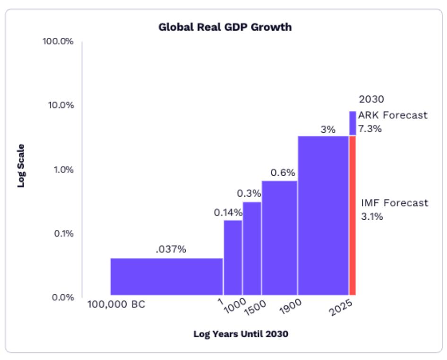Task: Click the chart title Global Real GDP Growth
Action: [x=225, y=27]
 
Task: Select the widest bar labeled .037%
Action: [x=166, y=276]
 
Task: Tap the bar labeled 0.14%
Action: [x=233, y=257]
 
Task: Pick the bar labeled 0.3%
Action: [x=252, y=248]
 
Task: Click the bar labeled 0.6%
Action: [x=279, y=238]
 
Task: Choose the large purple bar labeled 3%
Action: [x=323, y=215]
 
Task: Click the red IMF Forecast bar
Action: [x=352, y=215]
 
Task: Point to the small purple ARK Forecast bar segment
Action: [x=352, y=123]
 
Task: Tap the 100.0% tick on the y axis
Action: [x=58, y=41]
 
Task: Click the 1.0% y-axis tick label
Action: [x=62, y=169]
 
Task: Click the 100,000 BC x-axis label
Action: [x=116, y=304]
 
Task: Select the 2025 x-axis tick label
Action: [x=340, y=308]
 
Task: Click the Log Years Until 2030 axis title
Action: [x=241, y=334]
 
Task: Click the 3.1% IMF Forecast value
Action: [x=372, y=217]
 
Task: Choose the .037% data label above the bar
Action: [x=171, y=249]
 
